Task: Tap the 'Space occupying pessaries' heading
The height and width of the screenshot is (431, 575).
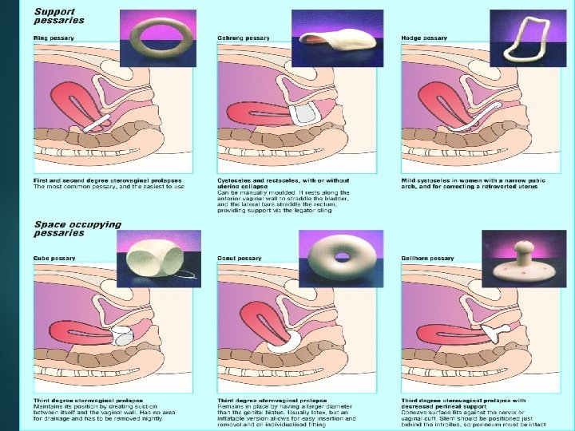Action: [x=77, y=228]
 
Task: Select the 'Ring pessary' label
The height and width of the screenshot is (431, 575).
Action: [x=50, y=38]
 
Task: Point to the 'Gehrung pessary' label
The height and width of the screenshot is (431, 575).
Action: [x=243, y=38]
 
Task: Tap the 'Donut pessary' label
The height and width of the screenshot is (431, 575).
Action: [x=240, y=259]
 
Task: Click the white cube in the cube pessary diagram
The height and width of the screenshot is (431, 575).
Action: [x=125, y=336]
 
